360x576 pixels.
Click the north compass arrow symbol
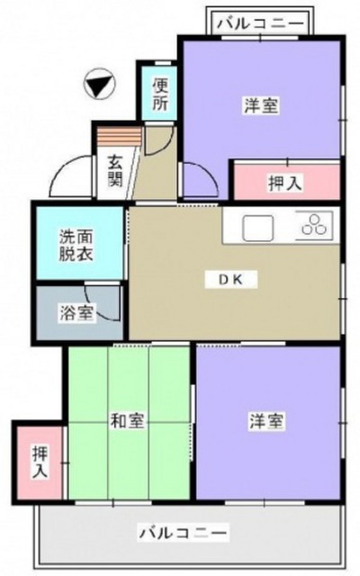(x=99, y=84)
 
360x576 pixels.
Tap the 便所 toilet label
(x=160, y=94)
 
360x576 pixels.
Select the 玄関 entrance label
(x=114, y=171)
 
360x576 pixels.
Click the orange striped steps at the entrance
(x=120, y=136)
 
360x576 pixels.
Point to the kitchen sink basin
(x=257, y=228)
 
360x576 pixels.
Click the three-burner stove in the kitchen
(x=315, y=225)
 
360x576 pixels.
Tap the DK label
(x=230, y=280)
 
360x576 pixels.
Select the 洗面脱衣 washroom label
(x=76, y=245)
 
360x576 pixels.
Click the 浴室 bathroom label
(x=76, y=312)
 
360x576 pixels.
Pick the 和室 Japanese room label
(x=128, y=420)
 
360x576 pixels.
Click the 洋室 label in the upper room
(x=262, y=105)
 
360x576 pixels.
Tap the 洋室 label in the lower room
(x=266, y=421)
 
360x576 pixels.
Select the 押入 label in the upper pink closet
(x=286, y=183)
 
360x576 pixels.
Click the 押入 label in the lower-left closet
(x=40, y=462)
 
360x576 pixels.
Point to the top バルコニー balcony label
(x=261, y=24)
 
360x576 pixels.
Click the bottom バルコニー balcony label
(x=183, y=532)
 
